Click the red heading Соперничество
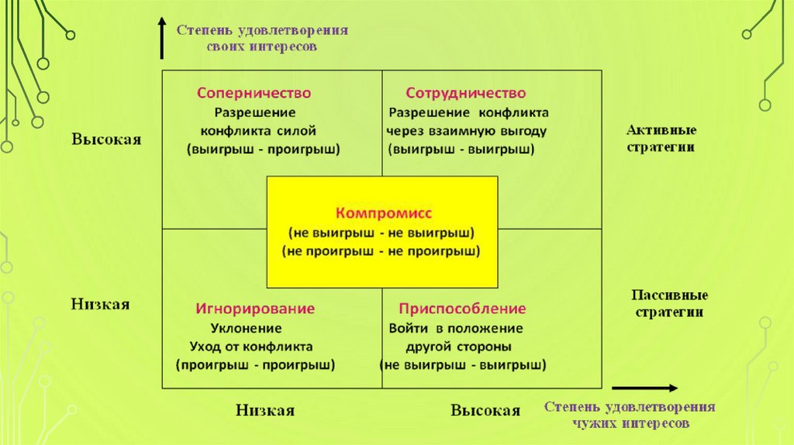(254, 93)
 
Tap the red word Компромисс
(381, 212)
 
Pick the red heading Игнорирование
(255, 309)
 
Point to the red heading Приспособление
(463, 309)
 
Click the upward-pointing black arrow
(161, 39)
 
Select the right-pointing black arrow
(644, 388)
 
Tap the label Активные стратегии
(661, 138)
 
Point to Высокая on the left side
(106, 140)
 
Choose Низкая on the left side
(100, 304)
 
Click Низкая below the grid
(265, 411)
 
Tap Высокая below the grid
(485, 411)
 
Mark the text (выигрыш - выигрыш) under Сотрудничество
(463, 149)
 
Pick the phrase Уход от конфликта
(251, 346)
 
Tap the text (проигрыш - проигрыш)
(255, 364)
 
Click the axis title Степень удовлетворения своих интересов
(262, 37)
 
